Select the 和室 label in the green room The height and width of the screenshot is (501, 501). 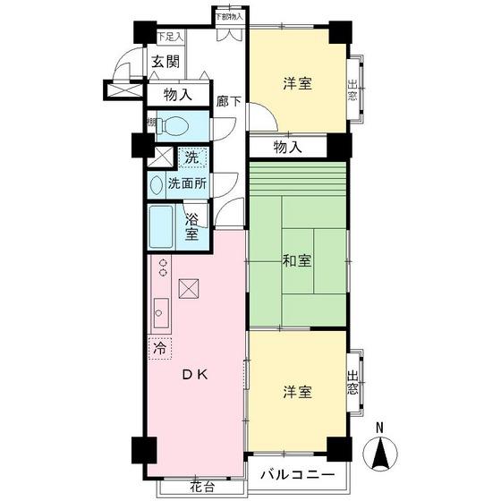[x=297, y=261]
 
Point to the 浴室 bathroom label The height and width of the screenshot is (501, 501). [x=191, y=226]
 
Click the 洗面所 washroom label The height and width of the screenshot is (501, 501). [x=187, y=183]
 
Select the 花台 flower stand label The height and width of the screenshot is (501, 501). [x=201, y=487]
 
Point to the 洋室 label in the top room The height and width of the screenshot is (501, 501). [x=298, y=84]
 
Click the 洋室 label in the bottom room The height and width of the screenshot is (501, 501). [x=298, y=392]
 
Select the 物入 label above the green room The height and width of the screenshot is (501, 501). [x=286, y=147]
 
